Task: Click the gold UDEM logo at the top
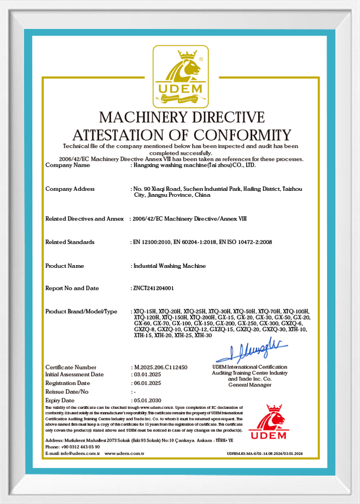(x=180, y=76)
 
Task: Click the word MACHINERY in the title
(x=143, y=117)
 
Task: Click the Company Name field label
(x=67, y=165)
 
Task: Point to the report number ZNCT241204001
(x=154, y=288)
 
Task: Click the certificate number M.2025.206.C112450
(x=161, y=367)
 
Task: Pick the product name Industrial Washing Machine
(x=170, y=266)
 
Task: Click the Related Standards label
(x=70, y=242)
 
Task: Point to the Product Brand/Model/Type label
(x=81, y=312)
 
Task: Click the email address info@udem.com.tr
(x=74, y=453)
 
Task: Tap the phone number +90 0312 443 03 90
(x=79, y=447)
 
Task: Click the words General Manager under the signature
(x=249, y=385)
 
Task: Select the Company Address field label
(x=70, y=189)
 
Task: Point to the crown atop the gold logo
(x=188, y=54)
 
